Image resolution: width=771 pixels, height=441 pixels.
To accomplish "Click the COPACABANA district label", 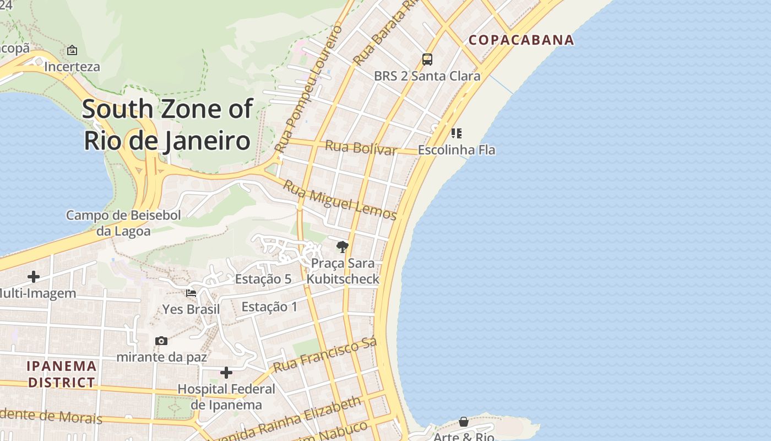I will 521,40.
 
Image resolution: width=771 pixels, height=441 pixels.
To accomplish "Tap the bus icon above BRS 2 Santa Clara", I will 427,60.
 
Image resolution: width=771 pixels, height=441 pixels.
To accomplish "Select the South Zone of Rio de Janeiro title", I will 167,125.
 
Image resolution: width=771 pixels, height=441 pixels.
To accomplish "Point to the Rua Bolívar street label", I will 361,148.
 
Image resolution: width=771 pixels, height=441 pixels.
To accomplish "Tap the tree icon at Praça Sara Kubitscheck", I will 343,246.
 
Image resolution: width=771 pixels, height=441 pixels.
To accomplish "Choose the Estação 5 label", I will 263,279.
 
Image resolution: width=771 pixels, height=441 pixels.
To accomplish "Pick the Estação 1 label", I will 269,306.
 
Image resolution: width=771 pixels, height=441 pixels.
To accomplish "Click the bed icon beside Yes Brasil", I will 191,293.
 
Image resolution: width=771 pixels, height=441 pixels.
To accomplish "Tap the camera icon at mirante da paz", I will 161,341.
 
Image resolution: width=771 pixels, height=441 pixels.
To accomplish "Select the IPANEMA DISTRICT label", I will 62,374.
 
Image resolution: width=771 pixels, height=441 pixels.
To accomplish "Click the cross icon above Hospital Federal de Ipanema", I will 226,373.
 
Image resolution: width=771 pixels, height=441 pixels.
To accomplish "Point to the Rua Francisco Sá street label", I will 325,355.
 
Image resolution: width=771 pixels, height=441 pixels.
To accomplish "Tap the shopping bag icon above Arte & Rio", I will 464,422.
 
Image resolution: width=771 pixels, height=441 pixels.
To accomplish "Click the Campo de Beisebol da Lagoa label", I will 123,223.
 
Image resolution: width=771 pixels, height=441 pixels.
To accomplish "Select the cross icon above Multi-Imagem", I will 34,277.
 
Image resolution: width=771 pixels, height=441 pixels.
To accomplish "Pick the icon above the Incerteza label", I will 72,51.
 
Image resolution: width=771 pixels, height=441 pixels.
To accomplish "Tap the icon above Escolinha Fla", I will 456,133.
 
